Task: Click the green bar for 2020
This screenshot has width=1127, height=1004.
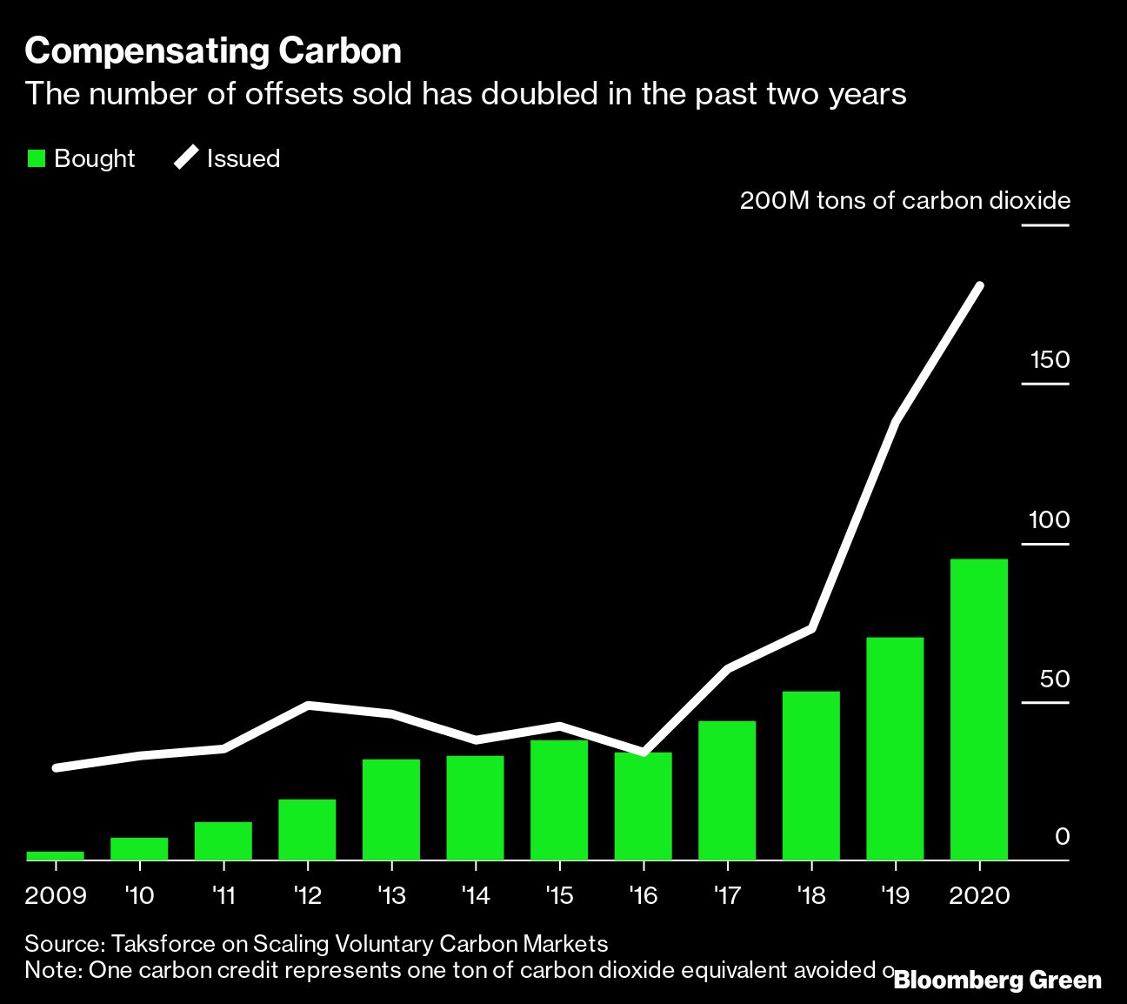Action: pos(979,709)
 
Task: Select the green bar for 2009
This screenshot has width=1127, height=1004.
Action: pos(56,855)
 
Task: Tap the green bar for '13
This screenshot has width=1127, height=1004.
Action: pos(391,809)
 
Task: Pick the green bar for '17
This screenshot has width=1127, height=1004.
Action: pos(727,790)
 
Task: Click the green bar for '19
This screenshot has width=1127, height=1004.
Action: pos(895,748)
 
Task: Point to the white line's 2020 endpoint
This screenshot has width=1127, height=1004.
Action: pos(980,286)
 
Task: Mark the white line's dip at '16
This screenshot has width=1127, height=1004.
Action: pos(643,752)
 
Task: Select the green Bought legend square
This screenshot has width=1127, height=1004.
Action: pos(37,158)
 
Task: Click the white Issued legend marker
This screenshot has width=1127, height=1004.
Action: pos(186,158)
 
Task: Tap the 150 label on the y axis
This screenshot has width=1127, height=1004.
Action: pos(1050,360)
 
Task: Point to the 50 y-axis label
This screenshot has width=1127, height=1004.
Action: pos(1055,679)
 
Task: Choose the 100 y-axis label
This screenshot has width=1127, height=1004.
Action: pos(1050,520)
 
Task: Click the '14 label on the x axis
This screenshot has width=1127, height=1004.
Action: pos(476,896)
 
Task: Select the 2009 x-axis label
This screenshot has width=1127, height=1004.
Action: pos(56,896)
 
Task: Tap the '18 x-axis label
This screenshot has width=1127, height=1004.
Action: pos(810,896)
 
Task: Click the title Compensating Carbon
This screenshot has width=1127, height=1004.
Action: pos(213,51)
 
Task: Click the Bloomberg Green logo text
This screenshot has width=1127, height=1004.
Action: pos(997,981)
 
